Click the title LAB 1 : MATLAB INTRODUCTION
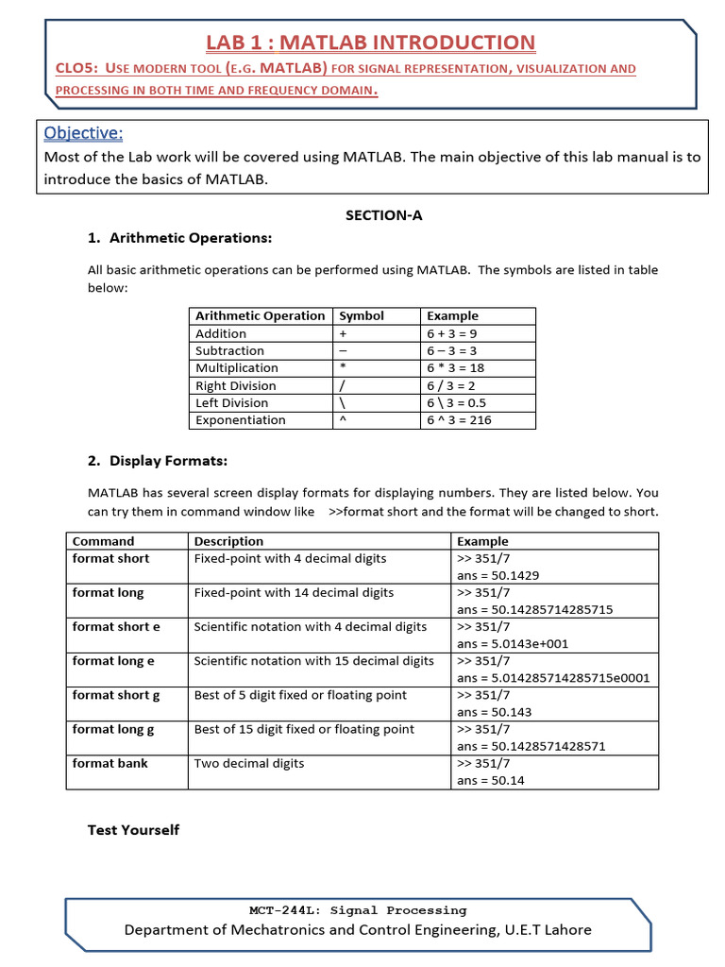(370, 42)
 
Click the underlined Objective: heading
(83, 132)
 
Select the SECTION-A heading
(384, 215)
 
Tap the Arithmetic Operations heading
(191, 238)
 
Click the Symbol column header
(362, 315)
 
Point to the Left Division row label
(231, 402)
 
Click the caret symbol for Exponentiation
(342, 420)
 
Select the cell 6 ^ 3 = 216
(459, 420)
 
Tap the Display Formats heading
(168, 461)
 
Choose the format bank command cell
(110, 763)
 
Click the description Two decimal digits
(249, 763)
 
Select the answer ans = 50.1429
(497, 575)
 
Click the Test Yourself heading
(133, 830)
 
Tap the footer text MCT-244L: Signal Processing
(357, 910)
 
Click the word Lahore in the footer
(566, 930)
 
